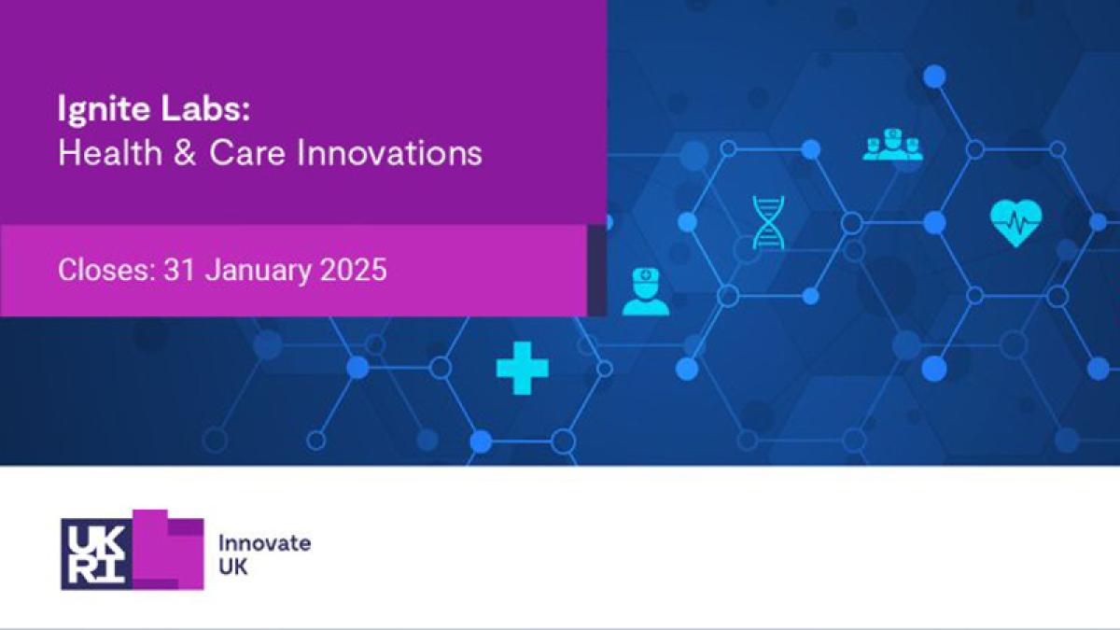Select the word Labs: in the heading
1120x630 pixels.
point(205,108)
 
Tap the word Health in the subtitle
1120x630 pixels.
point(110,152)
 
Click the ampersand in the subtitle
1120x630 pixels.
point(186,153)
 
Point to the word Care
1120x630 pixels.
point(247,153)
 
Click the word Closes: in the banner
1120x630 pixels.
point(106,270)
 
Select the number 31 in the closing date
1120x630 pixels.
point(179,270)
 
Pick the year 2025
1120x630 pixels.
point(354,270)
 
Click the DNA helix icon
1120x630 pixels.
point(768,222)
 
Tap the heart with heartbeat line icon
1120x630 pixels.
point(1015,223)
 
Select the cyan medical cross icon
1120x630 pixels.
point(522,369)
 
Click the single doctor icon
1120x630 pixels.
point(646,292)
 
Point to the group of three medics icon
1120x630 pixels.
point(892,145)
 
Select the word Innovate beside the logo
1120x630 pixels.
point(264,543)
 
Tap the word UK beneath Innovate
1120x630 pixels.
point(233,567)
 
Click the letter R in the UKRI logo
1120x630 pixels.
point(82,570)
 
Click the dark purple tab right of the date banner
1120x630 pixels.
point(596,271)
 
